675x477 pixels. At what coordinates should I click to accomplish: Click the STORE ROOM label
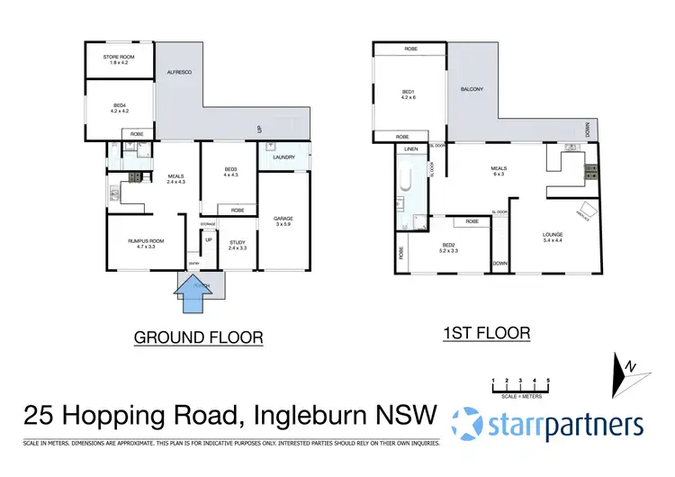pos(120,58)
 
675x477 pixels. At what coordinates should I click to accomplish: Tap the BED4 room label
pos(120,107)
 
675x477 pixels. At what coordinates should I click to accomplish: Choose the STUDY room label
pos(238,242)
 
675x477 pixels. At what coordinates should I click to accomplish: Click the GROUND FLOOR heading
pos(198,337)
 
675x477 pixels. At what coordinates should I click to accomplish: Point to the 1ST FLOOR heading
pos(486,333)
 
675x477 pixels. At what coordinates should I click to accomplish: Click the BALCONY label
pos(472,89)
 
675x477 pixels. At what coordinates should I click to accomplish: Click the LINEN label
pos(410,148)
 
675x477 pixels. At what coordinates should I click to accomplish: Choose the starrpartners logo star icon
pos(469,424)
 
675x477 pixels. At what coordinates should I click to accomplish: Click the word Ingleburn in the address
pos(327,416)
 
